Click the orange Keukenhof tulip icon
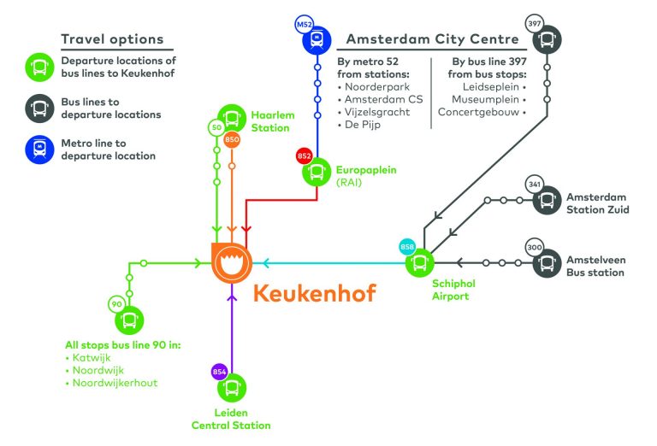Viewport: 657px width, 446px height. (x=232, y=263)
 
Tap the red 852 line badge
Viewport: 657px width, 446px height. (x=305, y=156)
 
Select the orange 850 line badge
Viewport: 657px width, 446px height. (x=232, y=140)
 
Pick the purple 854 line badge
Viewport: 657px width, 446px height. (x=219, y=372)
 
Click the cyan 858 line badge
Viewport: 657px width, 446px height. (x=407, y=247)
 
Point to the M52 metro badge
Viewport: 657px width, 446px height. (x=305, y=25)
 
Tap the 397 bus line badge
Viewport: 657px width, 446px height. (x=534, y=23)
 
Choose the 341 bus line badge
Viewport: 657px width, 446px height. (x=534, y=185)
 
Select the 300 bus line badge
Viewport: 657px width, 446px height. (x=534, y=247)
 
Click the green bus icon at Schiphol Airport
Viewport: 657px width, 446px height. (x=420, y=263)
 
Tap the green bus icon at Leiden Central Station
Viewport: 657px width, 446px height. (x=232, y=388)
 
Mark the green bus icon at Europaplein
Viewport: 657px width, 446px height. (x=317, y=172)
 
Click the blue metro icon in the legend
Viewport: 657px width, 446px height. (x=39, y=150)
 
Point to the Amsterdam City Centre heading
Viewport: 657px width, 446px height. (x=432, y=39)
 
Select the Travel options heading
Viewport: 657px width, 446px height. (x=112, y=39)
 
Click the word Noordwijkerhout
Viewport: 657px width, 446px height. (x=115, y=383)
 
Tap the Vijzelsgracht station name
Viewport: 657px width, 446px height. (x=377, y=112)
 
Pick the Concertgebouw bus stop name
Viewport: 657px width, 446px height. (x=478, y=112)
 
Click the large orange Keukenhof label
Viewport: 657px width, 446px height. (x=315, y=293)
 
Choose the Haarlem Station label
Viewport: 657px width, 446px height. (x=273, y=121)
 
